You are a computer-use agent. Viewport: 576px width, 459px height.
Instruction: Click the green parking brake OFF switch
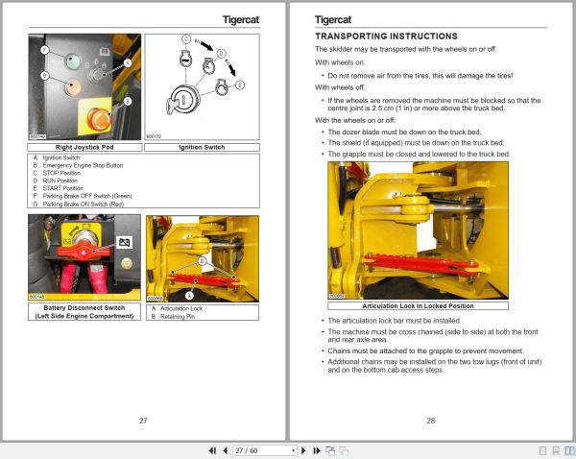coord(71,60)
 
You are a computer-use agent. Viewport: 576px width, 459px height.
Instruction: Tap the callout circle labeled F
coord(45,48)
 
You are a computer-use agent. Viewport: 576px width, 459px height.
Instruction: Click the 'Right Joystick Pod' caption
coord(85,147)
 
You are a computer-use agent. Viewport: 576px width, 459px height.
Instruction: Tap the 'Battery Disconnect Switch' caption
coord(84,310)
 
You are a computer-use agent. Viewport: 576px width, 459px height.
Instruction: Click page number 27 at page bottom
coord(143,420)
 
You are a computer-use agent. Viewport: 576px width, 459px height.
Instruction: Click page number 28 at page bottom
coord(430,420)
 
